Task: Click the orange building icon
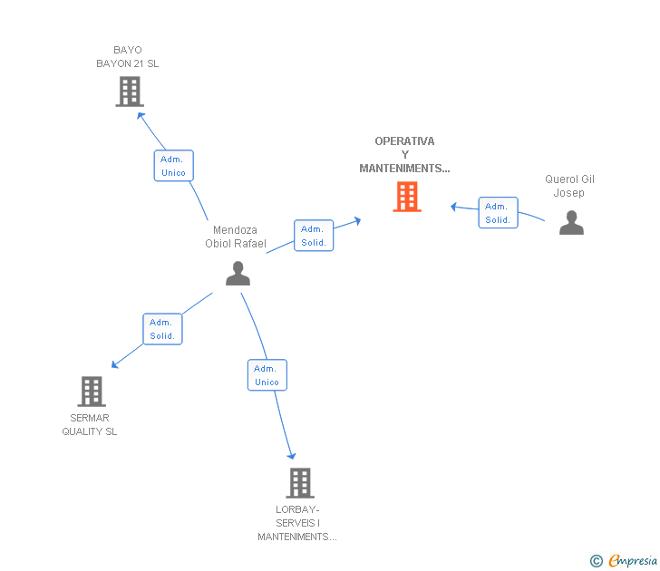pos(407,197)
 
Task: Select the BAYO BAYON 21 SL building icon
pos(130,92)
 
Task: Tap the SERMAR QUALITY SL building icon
pos(91,392)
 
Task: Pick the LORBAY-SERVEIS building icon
pos(300,483)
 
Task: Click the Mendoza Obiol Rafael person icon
pos(238,273)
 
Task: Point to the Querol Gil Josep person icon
pos(571,222)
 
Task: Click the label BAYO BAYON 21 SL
pos(128,57)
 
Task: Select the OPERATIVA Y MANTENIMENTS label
pos(404,154)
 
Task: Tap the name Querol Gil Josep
pos(569,186)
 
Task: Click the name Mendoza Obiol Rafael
pos(236,237)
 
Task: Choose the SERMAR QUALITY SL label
pos(90,425)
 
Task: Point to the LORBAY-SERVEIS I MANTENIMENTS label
pos(297,523)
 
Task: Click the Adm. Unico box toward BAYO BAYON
pos(173,166)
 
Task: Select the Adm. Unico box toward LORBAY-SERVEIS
pos(267,375)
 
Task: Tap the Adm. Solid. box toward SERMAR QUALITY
pos(162,329)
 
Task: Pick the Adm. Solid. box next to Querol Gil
pos(498,213)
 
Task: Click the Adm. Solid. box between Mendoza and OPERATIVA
pos(314,236)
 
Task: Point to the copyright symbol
pos(596,561)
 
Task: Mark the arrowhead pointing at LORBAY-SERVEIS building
pos(291,455)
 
